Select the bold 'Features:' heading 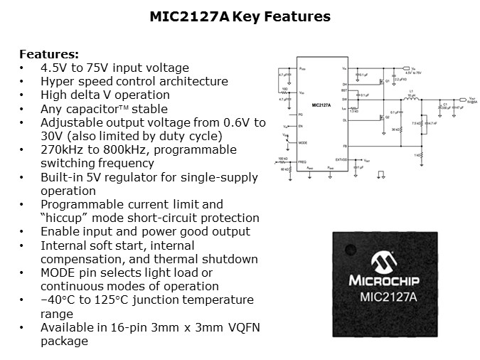click(49, 55)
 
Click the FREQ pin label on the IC click(302, 162)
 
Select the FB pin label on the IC click(344, 146)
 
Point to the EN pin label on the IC click(302, 126)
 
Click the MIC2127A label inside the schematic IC click(322, 105)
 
